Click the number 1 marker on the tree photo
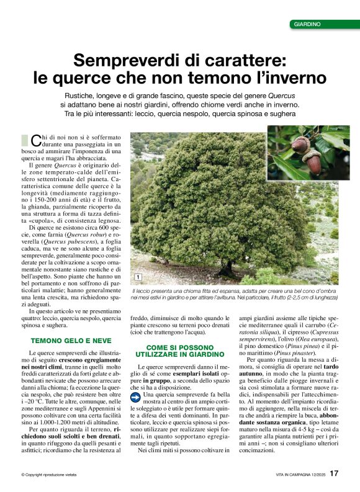pos(137,277)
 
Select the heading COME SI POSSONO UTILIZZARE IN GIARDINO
pos(179,351)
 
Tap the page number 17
pos(334,474)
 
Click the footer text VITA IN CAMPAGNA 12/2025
pos(300,475)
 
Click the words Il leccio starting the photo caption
pos(142,290)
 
